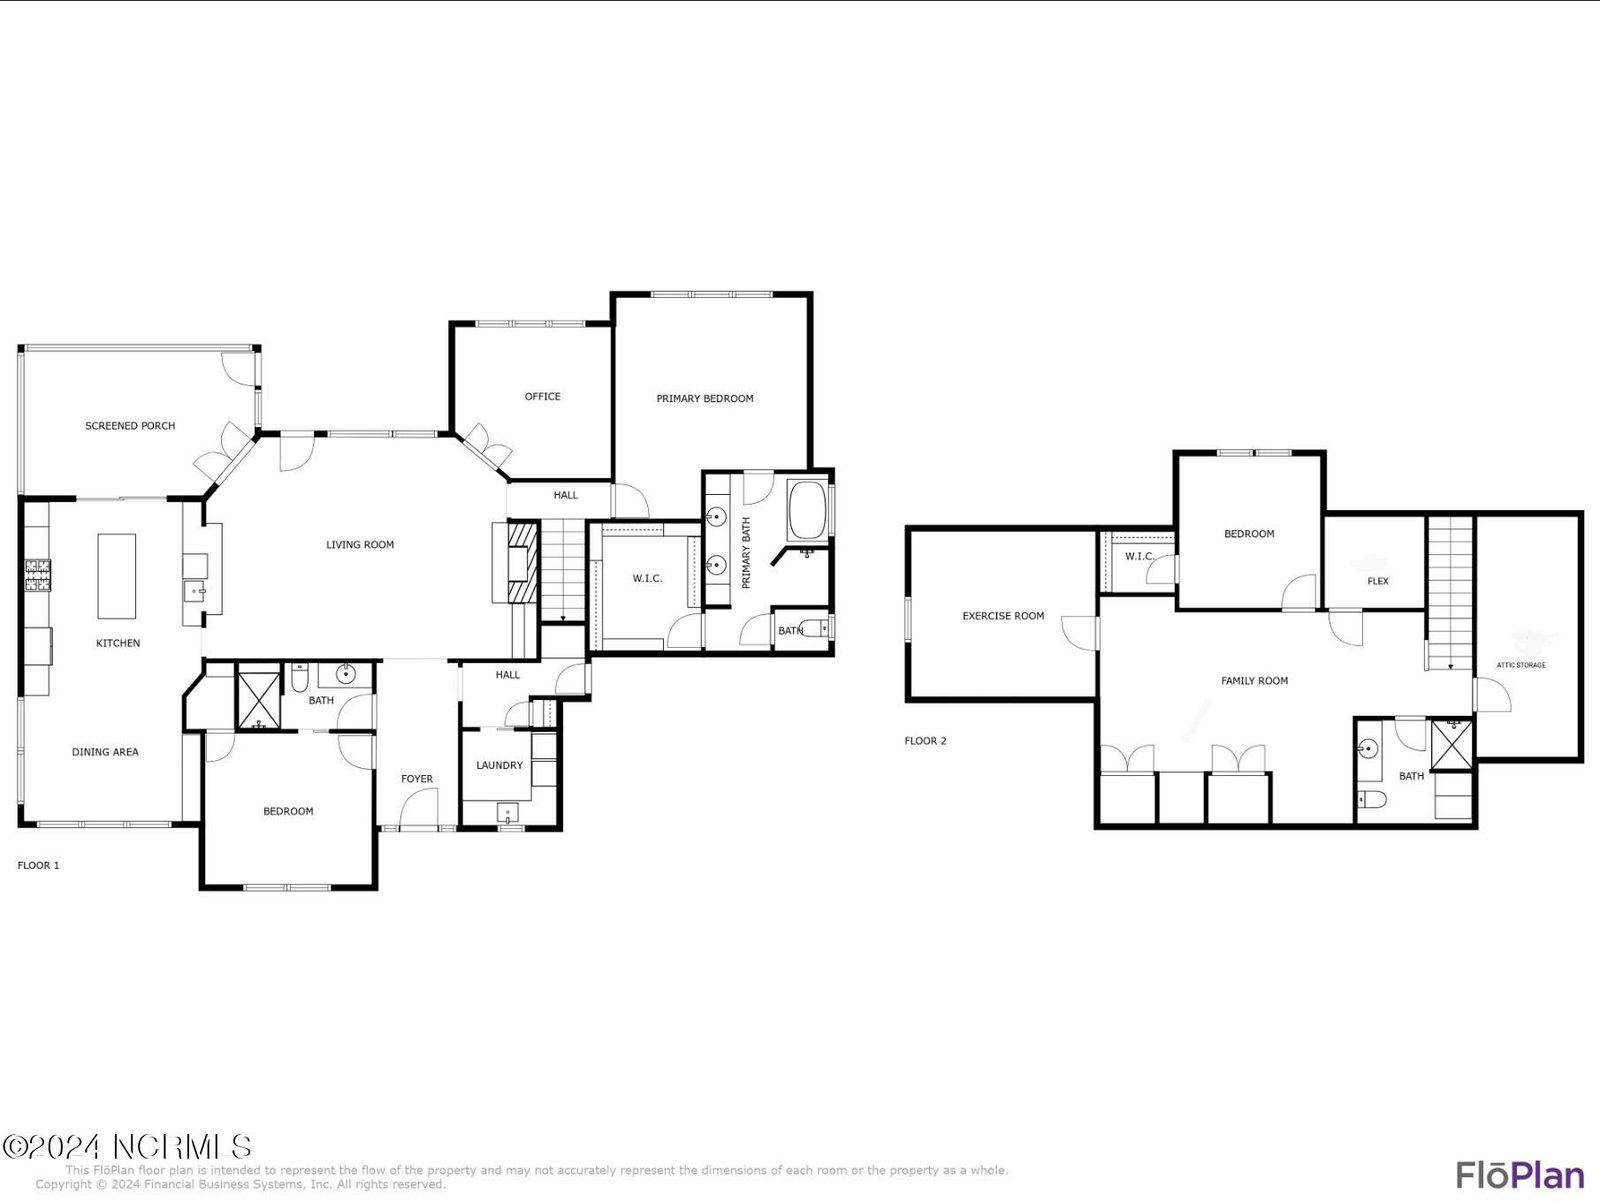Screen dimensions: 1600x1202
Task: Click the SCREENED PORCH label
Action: (130, 426)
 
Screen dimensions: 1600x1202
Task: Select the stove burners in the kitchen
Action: (38, 574)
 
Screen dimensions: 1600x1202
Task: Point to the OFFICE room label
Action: (542, 397)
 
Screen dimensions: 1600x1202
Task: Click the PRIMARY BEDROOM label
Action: (705, 399)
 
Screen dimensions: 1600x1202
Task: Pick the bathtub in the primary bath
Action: (807, 509)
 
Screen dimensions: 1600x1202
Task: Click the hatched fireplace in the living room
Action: (523, 562)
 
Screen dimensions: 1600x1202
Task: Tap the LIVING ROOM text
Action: (360, 545)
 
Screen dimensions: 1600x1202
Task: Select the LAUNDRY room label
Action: (499, 765)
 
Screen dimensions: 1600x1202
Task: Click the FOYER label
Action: (417, 779)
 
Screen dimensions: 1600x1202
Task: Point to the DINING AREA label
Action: (105, 752)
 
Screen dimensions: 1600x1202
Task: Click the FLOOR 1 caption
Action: (39, 865)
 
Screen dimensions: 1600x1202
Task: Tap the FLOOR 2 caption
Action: (926, 741)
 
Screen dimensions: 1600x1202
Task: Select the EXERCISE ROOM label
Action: (1003, 616)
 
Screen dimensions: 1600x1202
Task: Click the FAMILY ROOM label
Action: (1254, 681)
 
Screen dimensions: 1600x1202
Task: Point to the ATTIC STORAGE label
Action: (1521, 665)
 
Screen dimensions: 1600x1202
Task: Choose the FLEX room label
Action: (1378, 581)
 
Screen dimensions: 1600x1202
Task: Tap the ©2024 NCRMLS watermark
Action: (127, 1147)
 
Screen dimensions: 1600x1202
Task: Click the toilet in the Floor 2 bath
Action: (1371, 800)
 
